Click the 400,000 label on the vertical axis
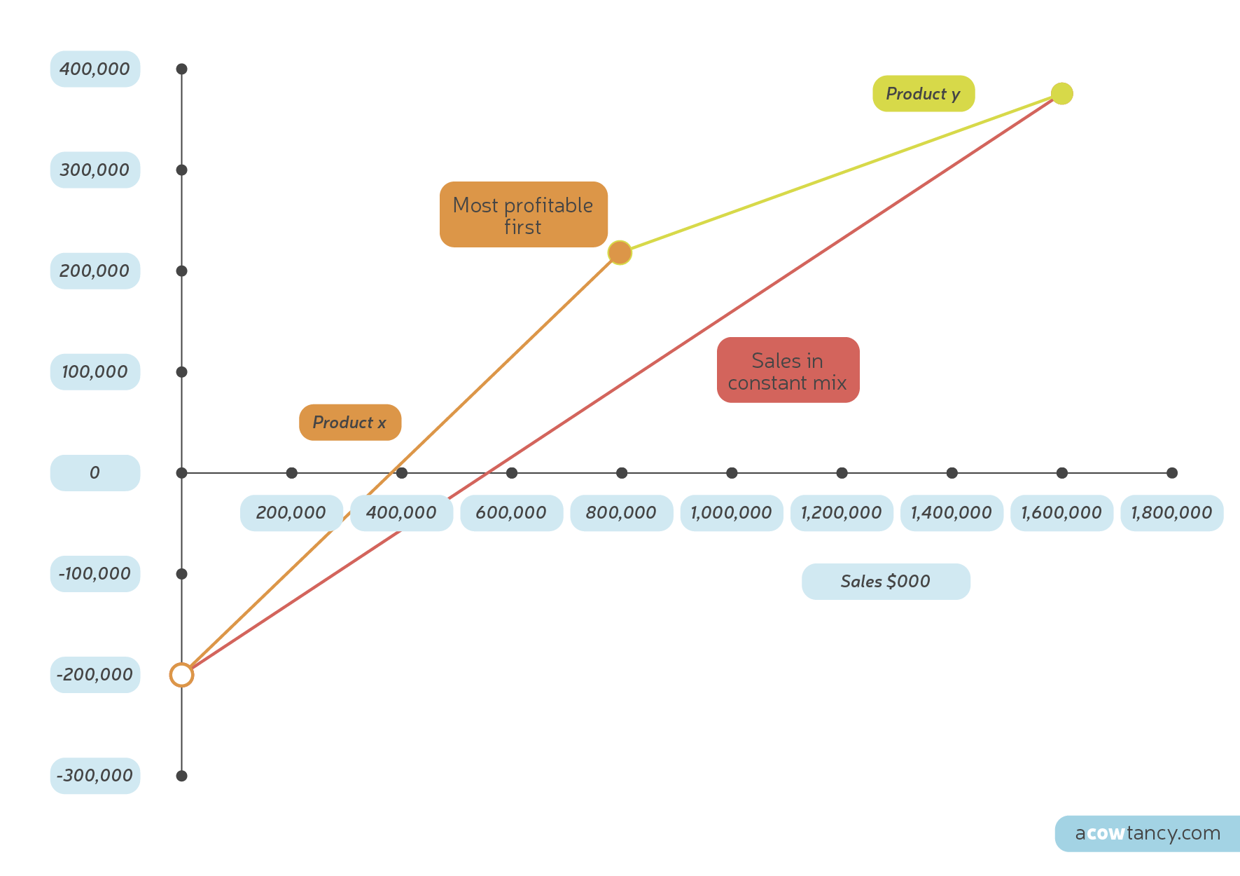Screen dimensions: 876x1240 tap(95, 69)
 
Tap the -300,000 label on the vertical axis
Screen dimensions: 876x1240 tap(95, 775)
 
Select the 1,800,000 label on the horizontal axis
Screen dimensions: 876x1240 tap(1171, 512)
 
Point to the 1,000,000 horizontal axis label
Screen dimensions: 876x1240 tap(731, 512)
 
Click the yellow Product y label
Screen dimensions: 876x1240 tap(923, 93)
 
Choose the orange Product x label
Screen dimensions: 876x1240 tap(349, 422)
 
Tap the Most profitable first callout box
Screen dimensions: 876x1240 tap(523, 214)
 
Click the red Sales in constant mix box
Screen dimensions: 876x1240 tap(788, 370)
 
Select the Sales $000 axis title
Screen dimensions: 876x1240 tap(886, 581)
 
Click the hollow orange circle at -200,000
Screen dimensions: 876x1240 tap(181, 675)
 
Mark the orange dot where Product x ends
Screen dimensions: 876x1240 tap(620, 252)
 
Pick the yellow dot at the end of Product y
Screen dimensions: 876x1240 tap(1061, 93)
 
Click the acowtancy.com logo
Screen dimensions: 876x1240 tap(1147, 833)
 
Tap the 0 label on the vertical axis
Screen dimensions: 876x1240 tap(95, 472)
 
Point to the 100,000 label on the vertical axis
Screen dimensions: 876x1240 tap(95, 371)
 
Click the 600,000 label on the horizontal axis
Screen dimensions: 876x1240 tap(511, 512)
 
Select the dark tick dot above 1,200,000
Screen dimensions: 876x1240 tap(842, 473)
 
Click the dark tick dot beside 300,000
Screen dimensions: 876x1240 tap(181, 170)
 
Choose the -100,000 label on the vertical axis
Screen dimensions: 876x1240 tap(95, 573)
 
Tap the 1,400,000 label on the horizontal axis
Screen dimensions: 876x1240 tap(951, 512)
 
